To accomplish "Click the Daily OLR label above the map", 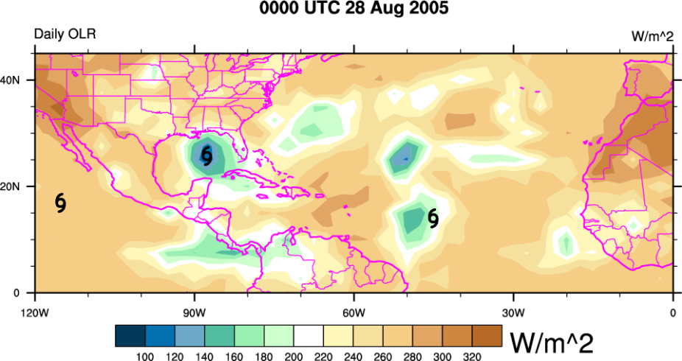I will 65,35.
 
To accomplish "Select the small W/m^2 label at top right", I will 653,37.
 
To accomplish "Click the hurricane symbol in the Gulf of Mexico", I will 207,155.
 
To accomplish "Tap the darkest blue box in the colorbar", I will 130,336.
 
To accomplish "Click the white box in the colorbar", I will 309,336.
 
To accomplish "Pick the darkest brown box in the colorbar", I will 487,336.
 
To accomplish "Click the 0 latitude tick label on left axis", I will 26,293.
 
